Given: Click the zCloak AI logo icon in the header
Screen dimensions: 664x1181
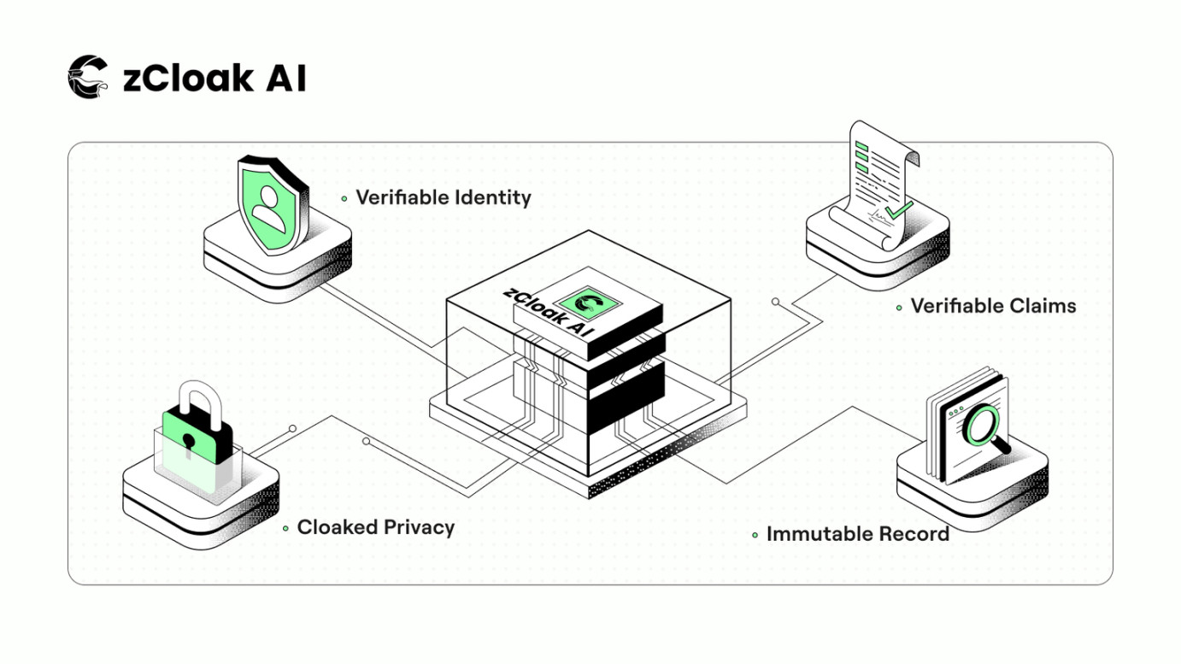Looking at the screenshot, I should tap(88, 77).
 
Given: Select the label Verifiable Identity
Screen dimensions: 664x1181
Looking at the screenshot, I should tap(443, 197).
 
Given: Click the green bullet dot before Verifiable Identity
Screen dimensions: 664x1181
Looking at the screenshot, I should tap(344, 198).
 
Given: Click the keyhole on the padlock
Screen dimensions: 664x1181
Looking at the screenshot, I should tap(188, 442).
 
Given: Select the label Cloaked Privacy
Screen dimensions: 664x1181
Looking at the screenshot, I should tap(375, 527).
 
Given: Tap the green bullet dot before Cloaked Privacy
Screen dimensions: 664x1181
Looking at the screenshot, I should tap(285, 529).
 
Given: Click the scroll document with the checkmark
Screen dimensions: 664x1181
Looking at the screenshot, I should tap(880, 184).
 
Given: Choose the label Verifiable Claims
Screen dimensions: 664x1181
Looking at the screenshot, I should tap(993, 306).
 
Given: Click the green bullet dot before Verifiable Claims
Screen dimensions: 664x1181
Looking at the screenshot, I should tap(899, 308).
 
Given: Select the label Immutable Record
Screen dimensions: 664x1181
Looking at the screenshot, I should tap(857, 534).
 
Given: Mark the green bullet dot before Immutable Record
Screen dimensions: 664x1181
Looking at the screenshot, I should tap(755, 536).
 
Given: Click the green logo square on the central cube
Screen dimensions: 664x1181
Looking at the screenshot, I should tap(586, 302).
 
